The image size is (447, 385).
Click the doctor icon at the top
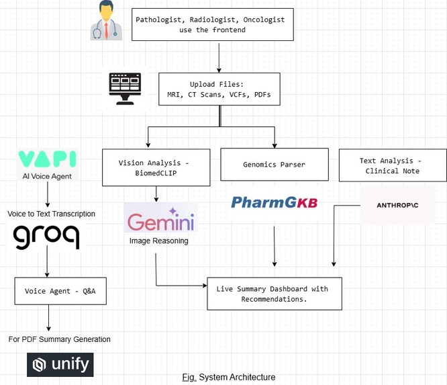pyautogui.click(x=108, y=21)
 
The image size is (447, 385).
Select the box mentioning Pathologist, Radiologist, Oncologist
pyautogui.click(x=209, y=25)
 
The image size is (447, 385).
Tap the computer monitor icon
pyautogui.click(x=124, y=89)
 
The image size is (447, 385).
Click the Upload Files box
pyautogui.click(x=219, y=90)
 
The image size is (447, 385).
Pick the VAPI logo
pyautogui.click(x=47, y=159)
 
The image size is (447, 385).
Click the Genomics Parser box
pyautogui.click(x=275, y=164)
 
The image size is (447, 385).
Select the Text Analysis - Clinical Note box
pyautogui.click(x=392, y=166)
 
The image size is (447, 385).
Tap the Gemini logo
pyautogui.click(x=161, y=220)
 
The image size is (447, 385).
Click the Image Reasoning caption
pyautogui.click(x=159, y=241)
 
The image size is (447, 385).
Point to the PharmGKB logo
pyautogui.click(x=275, y=202)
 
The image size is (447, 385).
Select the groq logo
pyautogui.click(x=46, y=237)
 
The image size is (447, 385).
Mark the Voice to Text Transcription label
pyautogui.click(x=52, y=214)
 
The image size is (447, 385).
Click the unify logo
pyautogui.click(x=60, y=365)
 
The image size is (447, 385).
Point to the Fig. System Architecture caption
pyautogui.click(x=228, y=377)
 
